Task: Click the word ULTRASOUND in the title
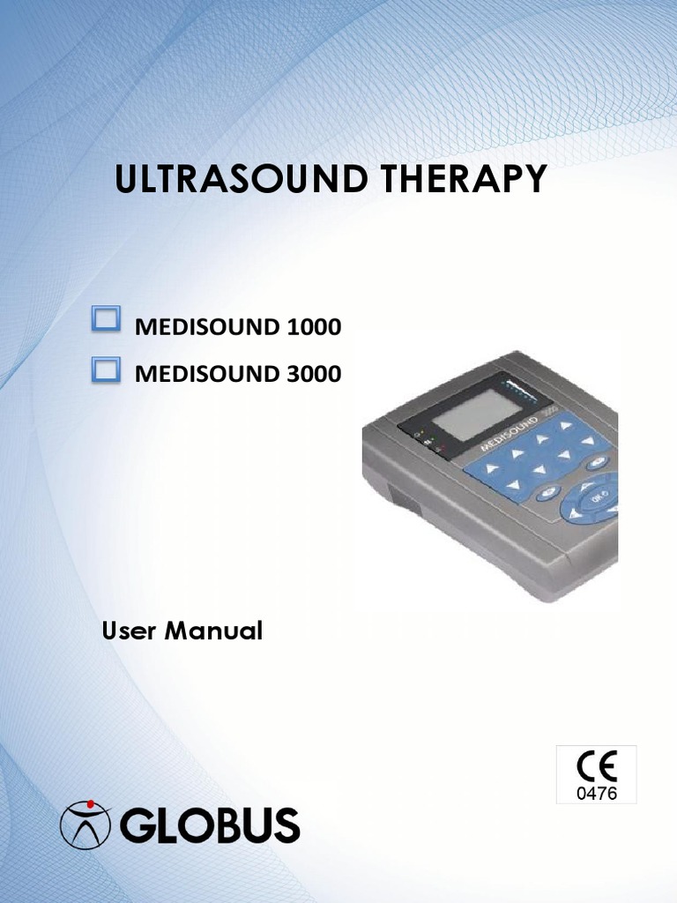[241, 178]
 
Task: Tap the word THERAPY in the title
[463, 178]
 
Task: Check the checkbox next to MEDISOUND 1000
[106, 318]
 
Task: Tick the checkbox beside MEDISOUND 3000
[106, 369]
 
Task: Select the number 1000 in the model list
[314, 327]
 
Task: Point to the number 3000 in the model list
[314, 374]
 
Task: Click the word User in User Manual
[129, 631]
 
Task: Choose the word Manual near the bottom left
[213, 631]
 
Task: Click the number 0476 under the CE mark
[597, 794]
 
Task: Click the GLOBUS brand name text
[210, 825]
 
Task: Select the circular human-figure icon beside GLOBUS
[86, 825]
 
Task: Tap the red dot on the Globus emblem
[90, 803]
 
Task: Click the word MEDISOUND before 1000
[207, 327]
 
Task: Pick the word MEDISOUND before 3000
[207, 374]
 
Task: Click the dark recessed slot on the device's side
[405, 499]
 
